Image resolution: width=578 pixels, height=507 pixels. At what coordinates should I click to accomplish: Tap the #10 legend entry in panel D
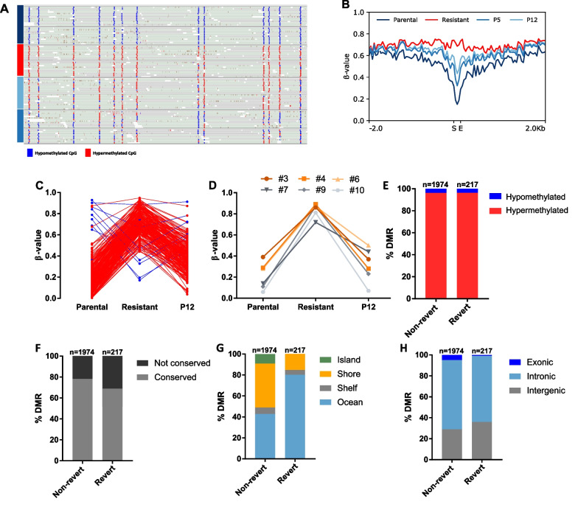coord(332,200)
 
